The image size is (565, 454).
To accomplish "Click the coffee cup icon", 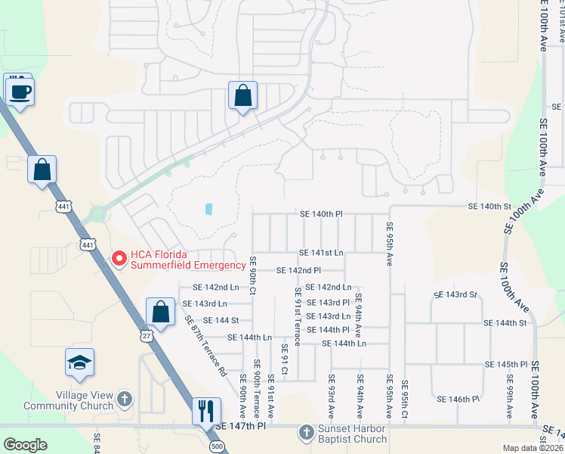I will pyautogui.click(x=19, y=92).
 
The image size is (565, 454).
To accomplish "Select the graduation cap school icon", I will pyautogui.click(x=79, y=363).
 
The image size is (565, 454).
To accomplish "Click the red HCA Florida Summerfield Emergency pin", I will pyautogui.click(x=119, y=259).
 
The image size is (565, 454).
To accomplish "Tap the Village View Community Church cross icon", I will pyautogui.click(x=125, y=396).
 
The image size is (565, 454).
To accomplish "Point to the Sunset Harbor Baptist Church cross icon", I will pyautogui.click(x=306, y=433).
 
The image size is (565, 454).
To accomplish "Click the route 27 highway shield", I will pyautogui.click(x=147, y=334).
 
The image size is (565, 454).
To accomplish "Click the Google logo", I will pyautogui.click(x=25, y=445).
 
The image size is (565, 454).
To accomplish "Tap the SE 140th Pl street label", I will pyautogui.click(x=321, y=214).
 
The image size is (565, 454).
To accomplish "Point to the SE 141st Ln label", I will pyautogui.click(x=321, y=253).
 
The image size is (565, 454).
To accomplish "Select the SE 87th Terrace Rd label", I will pyautogui.click(x=205, y=346).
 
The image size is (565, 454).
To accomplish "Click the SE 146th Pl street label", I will pyautogui.click(x=458, y=399).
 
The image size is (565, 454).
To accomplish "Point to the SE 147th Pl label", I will pyautogui.click(x=241, y=427).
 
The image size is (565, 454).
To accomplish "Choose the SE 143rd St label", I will pyautogui.click(x=455, y=294).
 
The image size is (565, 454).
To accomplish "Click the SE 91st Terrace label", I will pyautogui.click(x=297, y=315).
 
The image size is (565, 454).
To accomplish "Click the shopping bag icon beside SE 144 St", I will pyautogui.click(x=160, y=311).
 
